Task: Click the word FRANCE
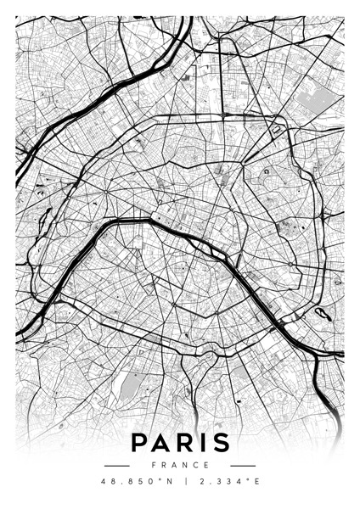[180, 465]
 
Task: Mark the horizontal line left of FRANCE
[116, 465]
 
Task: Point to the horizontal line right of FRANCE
[243, 465]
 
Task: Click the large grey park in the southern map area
[131, 386]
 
